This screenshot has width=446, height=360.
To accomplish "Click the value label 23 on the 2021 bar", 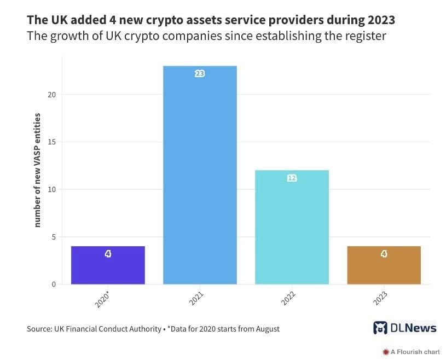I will [200, 73].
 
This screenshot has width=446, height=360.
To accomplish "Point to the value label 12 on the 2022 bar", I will [292, 178].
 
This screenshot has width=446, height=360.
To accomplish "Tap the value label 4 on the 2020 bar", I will [108, 254].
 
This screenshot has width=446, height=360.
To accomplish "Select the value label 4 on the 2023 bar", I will [384, 254].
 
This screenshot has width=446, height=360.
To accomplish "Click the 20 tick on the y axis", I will [52, 95].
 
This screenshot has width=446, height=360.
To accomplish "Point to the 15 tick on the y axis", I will [52, 142].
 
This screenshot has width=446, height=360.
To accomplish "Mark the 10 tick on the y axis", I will [52, 190].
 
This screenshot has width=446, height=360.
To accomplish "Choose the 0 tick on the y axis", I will [54, 284].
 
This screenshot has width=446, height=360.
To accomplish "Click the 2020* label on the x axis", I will [103, 300].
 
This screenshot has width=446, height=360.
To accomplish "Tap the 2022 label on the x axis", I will [288, 300].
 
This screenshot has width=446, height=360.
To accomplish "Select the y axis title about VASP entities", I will [38, 170].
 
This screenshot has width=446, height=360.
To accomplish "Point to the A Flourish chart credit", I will [411, 352].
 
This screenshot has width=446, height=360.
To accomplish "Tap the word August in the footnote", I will [265, 329].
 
